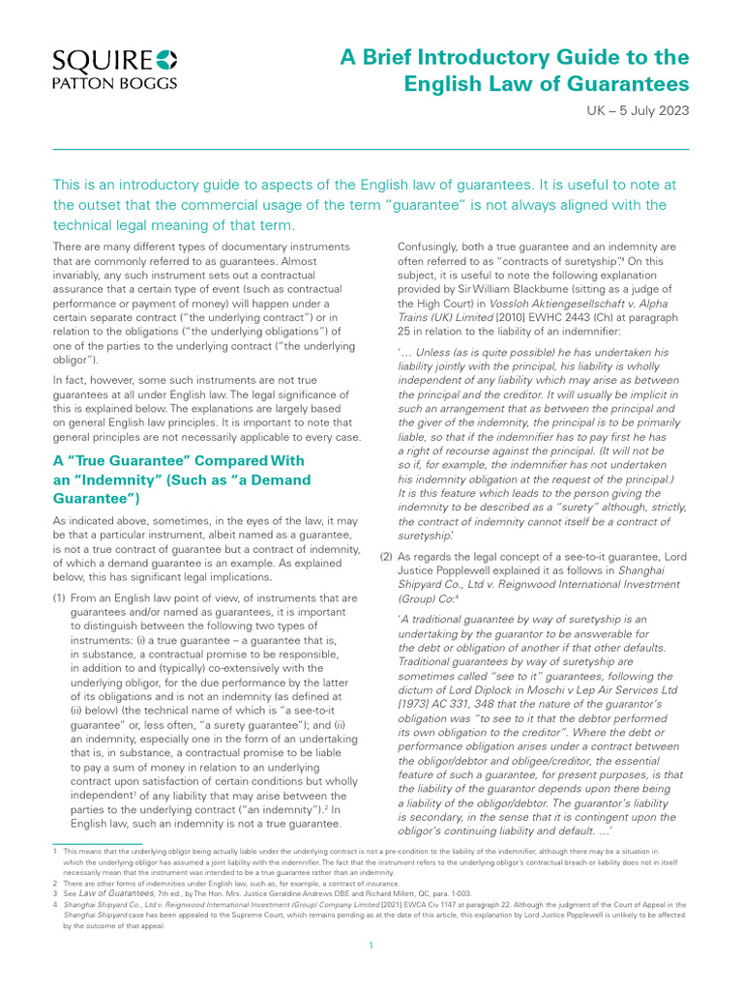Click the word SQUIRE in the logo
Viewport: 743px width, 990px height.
pos(92,60)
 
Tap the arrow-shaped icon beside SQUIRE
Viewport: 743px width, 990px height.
pos(166,60)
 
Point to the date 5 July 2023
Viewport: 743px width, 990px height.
pos(654,110)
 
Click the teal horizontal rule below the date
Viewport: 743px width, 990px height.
pos(371,149)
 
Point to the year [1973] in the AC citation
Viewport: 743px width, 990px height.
pos(417,707)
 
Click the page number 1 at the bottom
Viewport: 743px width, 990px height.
pos(371,945)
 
